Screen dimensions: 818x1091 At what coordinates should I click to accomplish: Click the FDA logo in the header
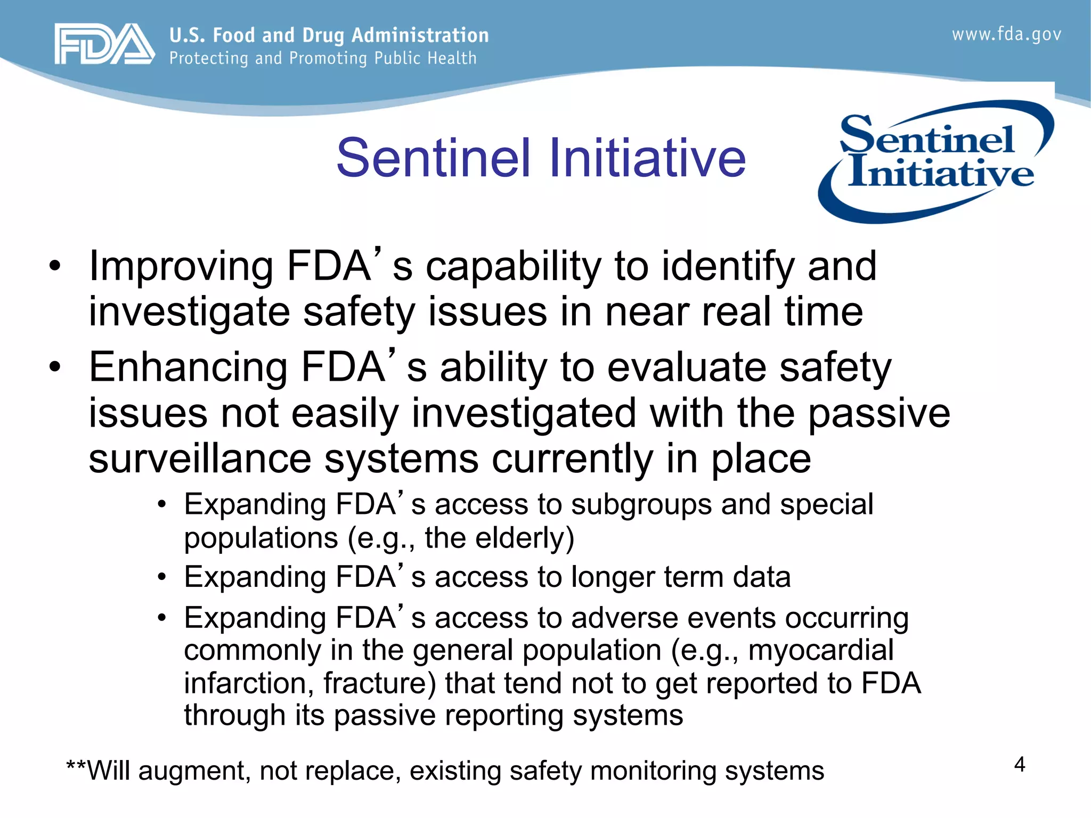(104, 44)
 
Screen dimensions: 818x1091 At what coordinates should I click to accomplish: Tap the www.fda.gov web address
(1006, 35)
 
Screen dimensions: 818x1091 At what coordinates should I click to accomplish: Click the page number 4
(1020, 765)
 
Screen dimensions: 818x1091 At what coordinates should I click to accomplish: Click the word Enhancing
(188, 367)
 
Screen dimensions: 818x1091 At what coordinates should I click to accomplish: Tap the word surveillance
(200, 459)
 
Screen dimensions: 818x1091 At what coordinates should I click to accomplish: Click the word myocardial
(821, 650)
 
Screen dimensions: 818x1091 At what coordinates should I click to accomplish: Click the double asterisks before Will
(76, 767)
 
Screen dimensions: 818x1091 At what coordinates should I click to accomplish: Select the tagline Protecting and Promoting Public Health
(323, 59)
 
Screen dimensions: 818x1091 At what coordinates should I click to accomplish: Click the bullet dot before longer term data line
(162, 577)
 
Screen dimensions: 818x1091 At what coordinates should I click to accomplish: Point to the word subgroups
(641, 505)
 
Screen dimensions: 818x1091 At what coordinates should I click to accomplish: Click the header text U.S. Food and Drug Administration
(329, 35)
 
